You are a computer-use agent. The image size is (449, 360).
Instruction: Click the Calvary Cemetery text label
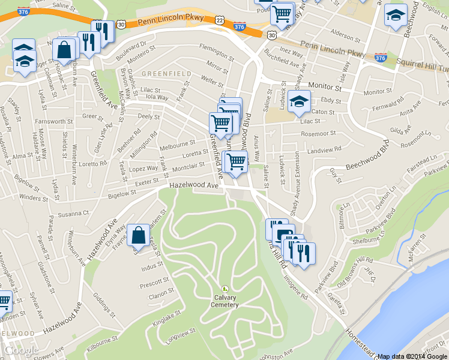(224, 301)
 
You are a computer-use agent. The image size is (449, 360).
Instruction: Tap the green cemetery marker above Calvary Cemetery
(225, 289)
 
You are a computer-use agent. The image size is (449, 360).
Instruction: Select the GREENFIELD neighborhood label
(167, 74)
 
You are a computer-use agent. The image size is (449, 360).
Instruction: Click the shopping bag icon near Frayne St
(138, 236)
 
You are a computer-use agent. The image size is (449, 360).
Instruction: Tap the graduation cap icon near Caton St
(299, 101)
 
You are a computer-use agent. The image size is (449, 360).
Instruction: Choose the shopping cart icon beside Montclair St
(235, 161)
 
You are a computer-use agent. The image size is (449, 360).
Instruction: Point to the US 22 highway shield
(220, 20)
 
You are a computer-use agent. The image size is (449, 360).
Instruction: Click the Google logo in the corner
(22, 350)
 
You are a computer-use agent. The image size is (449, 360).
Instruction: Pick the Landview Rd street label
(323, 148)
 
